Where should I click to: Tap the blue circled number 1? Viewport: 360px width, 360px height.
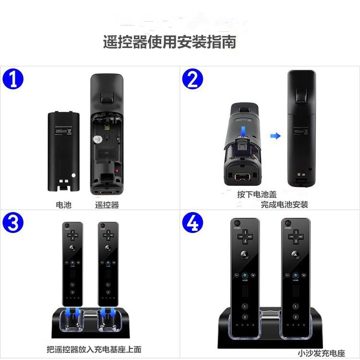point(13,79)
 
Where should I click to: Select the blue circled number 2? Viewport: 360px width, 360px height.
point(192,79)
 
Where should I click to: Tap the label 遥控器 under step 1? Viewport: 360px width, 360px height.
point(107,204)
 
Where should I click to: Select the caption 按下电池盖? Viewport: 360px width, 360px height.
point(257,194)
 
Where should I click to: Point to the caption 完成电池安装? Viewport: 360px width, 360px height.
point(284,204)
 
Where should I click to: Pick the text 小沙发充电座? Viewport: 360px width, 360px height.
point(321,353)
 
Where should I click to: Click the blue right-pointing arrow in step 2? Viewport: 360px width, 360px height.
point(275,136)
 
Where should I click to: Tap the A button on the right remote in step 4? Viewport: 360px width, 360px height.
point(295,255)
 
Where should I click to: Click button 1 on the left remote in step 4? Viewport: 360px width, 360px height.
point(245,306)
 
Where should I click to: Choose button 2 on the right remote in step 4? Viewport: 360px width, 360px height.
point(295,317)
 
